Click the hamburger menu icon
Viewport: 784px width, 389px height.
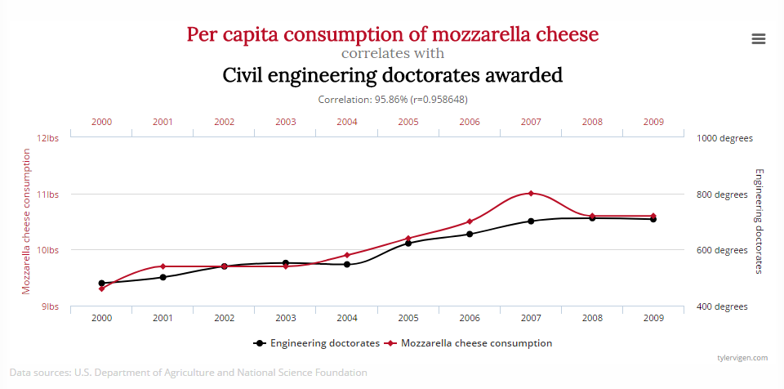click(x=758, y=38)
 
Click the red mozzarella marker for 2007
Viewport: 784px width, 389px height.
click(x=531, y=194)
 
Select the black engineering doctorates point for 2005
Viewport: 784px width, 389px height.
click(x=408, y=244)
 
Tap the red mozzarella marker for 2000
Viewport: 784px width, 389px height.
click(x=102, y=288)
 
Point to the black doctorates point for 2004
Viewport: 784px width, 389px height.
click(x=347, y=264)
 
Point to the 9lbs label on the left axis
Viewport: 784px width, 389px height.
click(x=51, y=306)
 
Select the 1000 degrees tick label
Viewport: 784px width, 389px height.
click(x=723, y=138)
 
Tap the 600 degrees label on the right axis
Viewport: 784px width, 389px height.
click(x=723, y=250)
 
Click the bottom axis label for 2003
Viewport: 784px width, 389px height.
click(x=285, y=318)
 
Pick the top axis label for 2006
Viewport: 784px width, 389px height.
click(x=470, y=122)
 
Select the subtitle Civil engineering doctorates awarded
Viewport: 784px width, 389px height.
click(x=392, y=75)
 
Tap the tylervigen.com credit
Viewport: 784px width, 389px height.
click(x=742, y=358)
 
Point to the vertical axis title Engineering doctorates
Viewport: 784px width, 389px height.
click(x=759, y=221)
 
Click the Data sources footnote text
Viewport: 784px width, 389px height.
click(x=189, y=373)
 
